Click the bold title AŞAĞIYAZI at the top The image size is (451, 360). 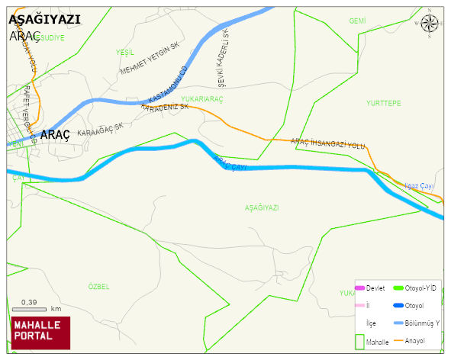[44, 21]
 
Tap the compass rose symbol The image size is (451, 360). [430, 24]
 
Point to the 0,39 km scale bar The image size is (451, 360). [30, 309]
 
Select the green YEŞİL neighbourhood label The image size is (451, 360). [124, 52]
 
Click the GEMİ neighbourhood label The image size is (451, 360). [357, 21]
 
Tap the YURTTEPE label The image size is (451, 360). [383, 103]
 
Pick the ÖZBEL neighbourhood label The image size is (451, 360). [98, 286]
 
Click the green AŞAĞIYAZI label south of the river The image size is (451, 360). [262, 207]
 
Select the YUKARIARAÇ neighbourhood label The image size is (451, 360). [202, 98]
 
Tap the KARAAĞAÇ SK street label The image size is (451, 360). [100, 130]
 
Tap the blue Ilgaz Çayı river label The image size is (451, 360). [419, 186]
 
